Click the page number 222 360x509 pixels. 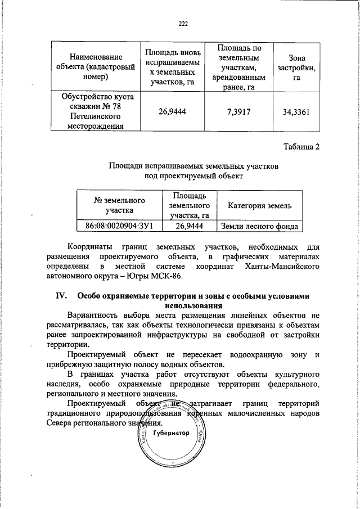183,23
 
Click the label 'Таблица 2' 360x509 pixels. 302,147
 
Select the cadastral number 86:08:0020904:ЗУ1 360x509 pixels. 120,226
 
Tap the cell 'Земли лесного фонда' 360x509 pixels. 259,226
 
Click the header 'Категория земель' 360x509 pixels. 259,206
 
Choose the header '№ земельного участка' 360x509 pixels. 119,206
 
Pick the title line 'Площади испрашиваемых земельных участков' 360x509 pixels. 193,166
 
